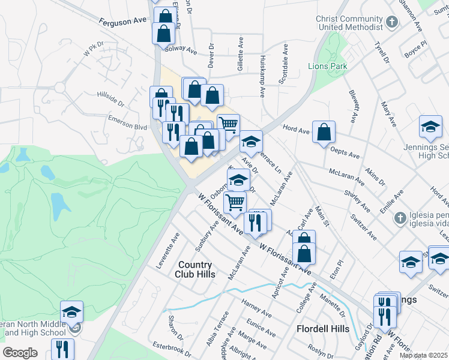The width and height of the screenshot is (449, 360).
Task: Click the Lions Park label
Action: pyautogui.click(x=328, y=66)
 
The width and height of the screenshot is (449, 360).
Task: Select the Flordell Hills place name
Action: pyautogui.click(x=323, y=329)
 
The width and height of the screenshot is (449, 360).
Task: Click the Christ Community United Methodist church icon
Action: pyautogui.click(x=392, y=22)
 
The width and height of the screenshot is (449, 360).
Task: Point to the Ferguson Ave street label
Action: pyautogui.click(x=123, y=20)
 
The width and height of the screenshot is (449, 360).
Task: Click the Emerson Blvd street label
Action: pyautogui.click(x=128, y=127)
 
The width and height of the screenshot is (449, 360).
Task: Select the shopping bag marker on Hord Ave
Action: pyautogui.click(x=324, y=132)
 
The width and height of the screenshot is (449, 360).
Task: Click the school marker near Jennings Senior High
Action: pyautogui.click(x=430, y=126)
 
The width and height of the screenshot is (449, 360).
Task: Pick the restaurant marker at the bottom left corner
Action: pyautogui.click(x=62, y=349)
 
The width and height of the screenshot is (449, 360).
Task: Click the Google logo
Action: pyautogui.click(x=20, y=353)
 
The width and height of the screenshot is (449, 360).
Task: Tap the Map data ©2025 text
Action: pyautogui.click(x=423, y=355)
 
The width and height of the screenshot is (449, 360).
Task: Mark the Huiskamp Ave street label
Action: pyautogui.click(x=263, y=78)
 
